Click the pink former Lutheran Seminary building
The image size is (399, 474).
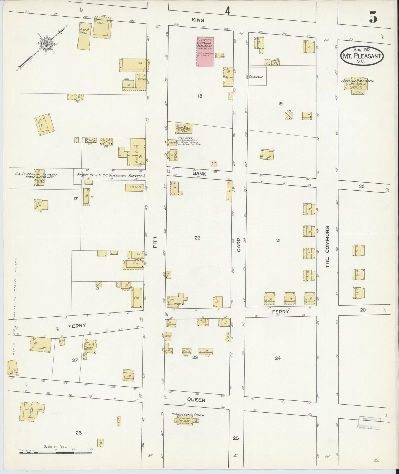click(205, 52)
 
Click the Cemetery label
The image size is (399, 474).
click(256, 77)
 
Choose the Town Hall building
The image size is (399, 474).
click(184, 129)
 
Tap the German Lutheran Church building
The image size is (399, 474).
click(187, 420)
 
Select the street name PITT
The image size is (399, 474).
click(155, 241)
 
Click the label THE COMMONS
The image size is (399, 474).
click(327, 247)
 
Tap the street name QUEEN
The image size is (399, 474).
click(196, 400)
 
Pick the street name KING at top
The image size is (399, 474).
click(198, 20)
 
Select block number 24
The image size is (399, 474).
click(278, 358)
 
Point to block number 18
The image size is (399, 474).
click(200, 96)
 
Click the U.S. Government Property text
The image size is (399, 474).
click(36, 175)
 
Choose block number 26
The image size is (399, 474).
click(78, 433)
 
